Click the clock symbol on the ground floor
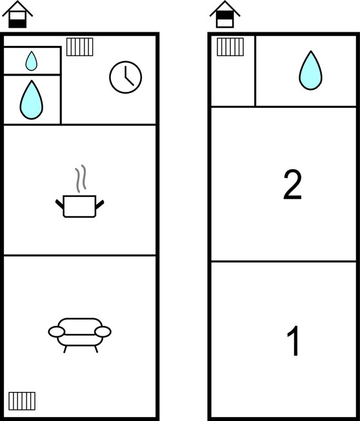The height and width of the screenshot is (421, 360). tap(126, 77)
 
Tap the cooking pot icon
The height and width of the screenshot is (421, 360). tap(79, 206)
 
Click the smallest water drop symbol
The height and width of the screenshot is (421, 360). tap(32, 61)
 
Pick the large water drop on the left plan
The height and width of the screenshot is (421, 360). tap(32, 100)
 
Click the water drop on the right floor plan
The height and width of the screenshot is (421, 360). tap(310, 70)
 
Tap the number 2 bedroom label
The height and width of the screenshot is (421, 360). tap(292, 185)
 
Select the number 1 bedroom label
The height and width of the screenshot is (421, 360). tap(294, 341)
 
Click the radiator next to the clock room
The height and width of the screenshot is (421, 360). tap(79, 46)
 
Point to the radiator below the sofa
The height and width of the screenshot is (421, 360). tap(22, 401)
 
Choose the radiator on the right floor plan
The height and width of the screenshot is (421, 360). tap(230, 46)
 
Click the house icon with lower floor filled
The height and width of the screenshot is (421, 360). tap(17, 14)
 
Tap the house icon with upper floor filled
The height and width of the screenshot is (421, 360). tap(225, 14)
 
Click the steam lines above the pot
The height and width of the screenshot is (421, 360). tap(81, 179)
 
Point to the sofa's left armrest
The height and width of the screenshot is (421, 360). tap(56, 332)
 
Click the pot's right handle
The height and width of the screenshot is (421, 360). tap(99, 205)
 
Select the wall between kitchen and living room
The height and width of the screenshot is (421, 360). tap(79, 255)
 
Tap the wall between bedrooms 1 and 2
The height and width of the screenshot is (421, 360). tap(284, 261)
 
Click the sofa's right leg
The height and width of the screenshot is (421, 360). tap(96, 349)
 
